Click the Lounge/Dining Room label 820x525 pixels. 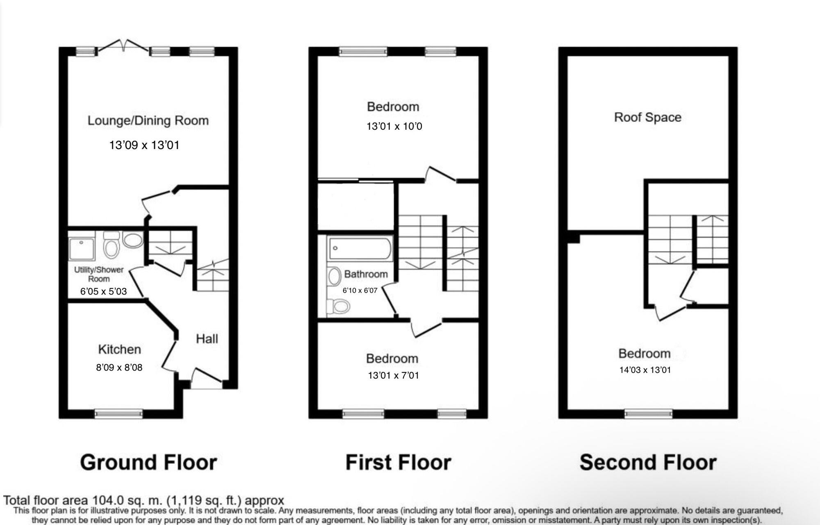click(148, 121)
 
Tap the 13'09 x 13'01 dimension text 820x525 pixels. click(144, 145)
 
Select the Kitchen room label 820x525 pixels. click(119, 349)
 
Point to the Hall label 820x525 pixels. click(207, 339)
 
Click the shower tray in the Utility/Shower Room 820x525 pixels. click(81, 246)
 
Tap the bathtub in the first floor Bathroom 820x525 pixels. click(360, 248)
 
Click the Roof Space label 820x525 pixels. click(647, 117)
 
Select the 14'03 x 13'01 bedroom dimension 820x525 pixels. click(645, 370)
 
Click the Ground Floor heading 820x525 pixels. click(148, 463)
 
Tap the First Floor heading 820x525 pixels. click(398, 463)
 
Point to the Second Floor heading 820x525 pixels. click(648, 463)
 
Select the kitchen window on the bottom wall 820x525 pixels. click(118, 413)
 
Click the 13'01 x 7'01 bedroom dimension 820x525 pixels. click(393, 376)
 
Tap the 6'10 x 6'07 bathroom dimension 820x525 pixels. click(360, 291)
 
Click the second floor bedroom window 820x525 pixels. click(648, 413)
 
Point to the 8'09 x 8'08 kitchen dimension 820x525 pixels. click(119, 367)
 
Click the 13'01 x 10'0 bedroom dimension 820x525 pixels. click(394, 126)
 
